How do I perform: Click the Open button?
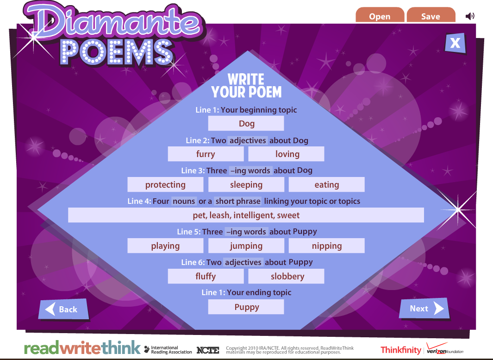tap(380, 15)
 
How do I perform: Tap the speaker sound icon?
tap(470, 16)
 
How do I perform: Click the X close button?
tap(455, 43)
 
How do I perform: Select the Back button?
tap(63, 309)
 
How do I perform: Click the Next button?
tap(424, 309)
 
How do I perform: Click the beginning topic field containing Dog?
tap(246, 123)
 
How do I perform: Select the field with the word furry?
tap(206, 154)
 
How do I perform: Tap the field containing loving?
tap(286, 154)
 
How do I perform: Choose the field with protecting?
tap(165, 184)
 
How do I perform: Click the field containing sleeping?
tap(246, 184)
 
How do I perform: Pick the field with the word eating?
tap(327, 184)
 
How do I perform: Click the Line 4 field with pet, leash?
tap(246, 215)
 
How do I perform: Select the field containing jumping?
tap(246, 246)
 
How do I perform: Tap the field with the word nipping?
tap(327, 246)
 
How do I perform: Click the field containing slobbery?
tap(286, 276)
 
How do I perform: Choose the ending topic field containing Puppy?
tap(246, 307)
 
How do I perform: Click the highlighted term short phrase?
tap(238, 201)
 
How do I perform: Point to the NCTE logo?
tap(208, 350)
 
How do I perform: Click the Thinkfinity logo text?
tap(401, 350)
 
